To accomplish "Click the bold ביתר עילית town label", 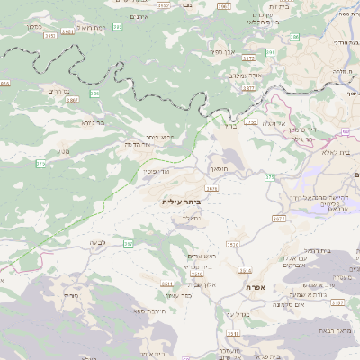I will point(184,202).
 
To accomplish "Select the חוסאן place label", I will point(220,168).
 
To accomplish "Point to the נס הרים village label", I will point(58,91).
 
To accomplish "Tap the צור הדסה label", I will point(136,144).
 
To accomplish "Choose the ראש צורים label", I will point(197,256).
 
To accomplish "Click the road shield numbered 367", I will point(128,243).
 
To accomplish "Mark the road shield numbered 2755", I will point(250,121).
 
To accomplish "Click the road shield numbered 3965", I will point(223,6).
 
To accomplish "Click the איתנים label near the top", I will point(138,17).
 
